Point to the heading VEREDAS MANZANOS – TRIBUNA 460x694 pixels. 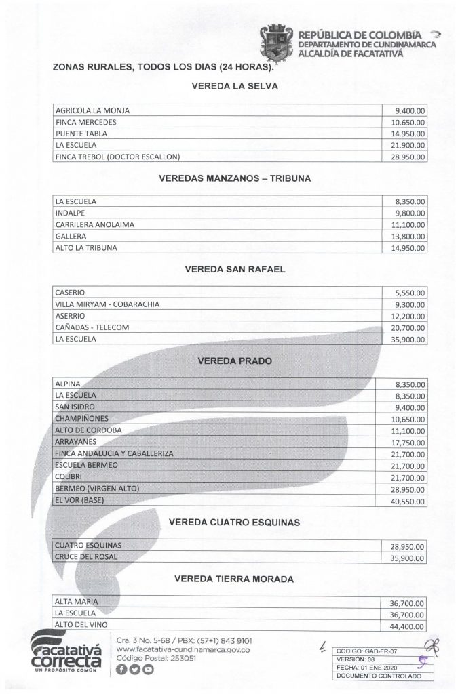234,179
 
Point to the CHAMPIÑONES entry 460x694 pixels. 82,418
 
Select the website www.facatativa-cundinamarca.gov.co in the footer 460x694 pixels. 184,649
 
